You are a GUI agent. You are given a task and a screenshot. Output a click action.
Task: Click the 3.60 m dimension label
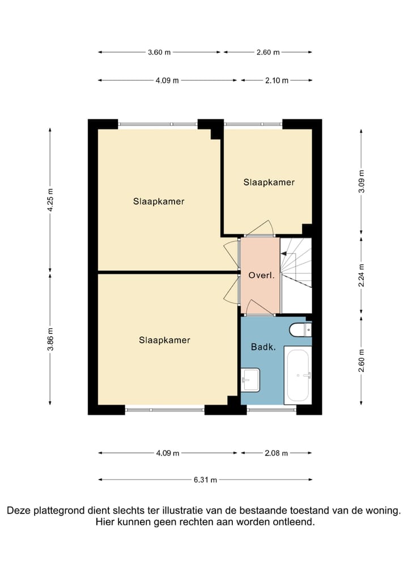point(159,52)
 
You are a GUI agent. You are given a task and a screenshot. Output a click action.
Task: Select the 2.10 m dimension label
point(277,80)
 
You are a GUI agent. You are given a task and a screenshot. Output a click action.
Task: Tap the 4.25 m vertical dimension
point(50,200)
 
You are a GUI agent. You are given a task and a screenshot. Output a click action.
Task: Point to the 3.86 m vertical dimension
point(50,339)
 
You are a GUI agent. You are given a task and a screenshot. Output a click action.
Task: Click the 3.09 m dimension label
point(362,181)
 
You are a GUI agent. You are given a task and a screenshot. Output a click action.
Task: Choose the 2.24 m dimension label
point(362,275)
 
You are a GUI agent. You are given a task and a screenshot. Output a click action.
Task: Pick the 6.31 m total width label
point(205,480)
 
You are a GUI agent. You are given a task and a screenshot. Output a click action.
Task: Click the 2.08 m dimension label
point(277,453)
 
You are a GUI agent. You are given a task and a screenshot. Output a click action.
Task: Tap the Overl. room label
point(262,275)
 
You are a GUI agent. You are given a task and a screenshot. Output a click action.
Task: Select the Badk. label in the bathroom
point(263,347)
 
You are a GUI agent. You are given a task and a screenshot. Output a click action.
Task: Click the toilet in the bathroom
point(300,330)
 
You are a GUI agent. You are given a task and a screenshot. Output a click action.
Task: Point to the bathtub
point(298,375)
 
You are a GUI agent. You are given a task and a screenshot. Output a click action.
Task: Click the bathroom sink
point(250,380)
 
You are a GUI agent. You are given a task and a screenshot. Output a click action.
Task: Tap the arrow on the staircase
point(283,253)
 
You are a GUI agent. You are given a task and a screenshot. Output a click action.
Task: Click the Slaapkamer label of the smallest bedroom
point(269,182)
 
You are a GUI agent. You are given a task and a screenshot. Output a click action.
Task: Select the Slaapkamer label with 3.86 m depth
point(164,340)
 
